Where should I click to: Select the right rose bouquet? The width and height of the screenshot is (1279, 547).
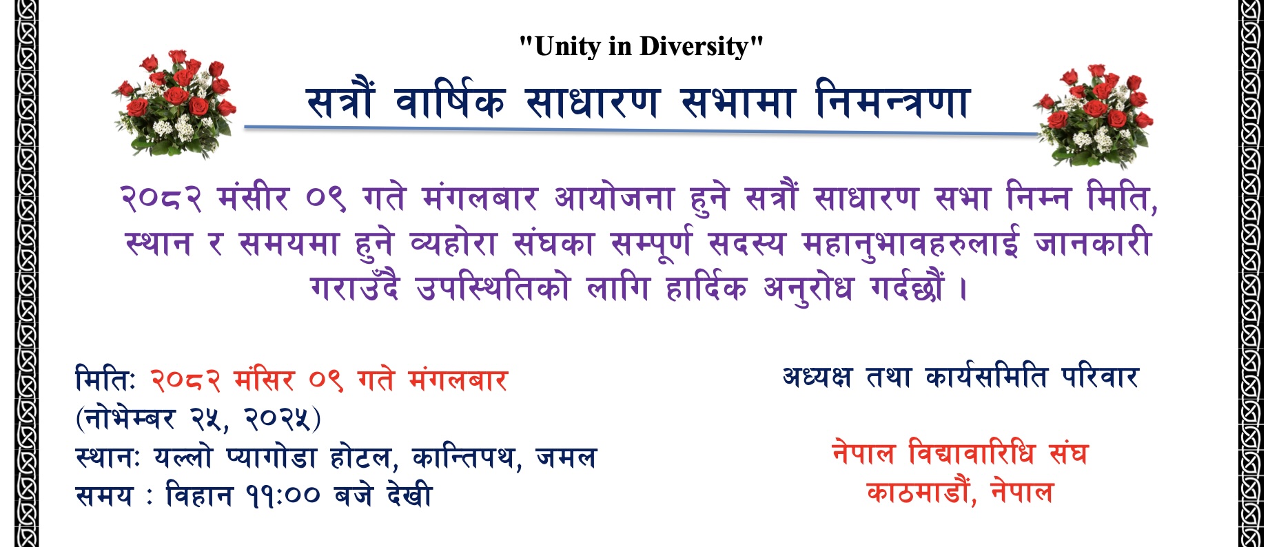1094,115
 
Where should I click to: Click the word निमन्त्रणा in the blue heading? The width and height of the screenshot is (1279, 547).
893,103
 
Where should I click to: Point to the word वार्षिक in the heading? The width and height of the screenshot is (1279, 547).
450,103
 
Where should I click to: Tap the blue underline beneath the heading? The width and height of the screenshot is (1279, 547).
641,130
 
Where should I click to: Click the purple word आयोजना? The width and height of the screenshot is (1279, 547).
614,199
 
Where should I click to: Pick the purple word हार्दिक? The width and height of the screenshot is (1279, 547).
706,289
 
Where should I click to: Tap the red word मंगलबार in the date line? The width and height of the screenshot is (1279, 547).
458,380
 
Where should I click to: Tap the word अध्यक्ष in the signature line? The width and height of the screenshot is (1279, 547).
817,378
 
